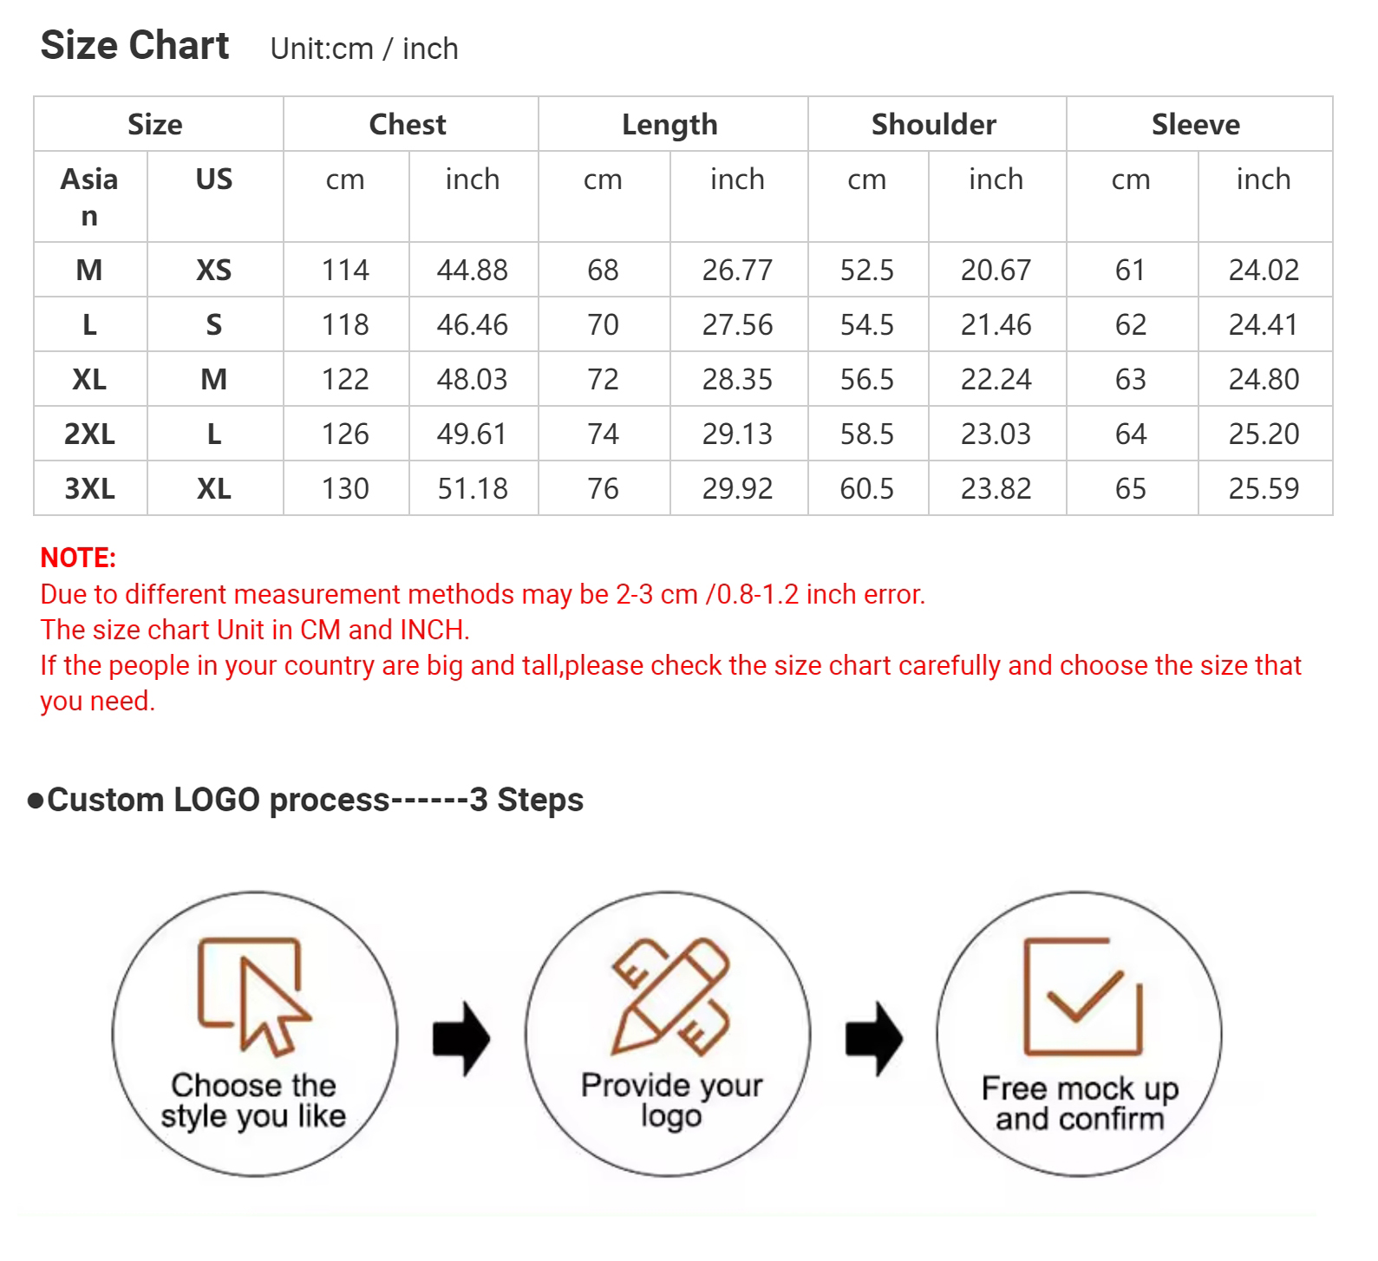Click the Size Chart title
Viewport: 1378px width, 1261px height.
click(134, 46)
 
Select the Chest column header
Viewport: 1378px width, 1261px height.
click(408, 124)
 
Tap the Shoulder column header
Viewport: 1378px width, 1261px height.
click(934, 124)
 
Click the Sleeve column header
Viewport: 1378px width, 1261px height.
click(1196, 124)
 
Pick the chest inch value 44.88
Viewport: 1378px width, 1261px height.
click(473, 270)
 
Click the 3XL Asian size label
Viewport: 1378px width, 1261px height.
click(89, 488)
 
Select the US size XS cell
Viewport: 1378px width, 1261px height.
click(214, 270)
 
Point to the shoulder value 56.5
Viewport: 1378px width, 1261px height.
click(867, 379)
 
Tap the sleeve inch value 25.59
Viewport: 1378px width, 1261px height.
click(1264, 488)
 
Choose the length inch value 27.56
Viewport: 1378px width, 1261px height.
click(737, 324)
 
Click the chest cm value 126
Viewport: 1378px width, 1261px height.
click(345, 434)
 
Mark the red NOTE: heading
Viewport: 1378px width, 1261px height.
click(78, 558)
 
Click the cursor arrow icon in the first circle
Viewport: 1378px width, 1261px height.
click(254, 997)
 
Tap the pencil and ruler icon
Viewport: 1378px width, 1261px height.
click(669, 996)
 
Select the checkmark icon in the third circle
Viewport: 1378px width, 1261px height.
click(1083, 997)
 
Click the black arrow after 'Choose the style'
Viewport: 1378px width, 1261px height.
click(461, 1038)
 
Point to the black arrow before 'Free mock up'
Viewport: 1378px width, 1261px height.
click(874, 1038)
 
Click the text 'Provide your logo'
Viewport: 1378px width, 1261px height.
click(671, 1101)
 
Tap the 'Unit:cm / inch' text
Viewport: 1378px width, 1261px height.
click(364, 49)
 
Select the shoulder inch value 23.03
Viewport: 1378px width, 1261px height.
click(996, 434)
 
